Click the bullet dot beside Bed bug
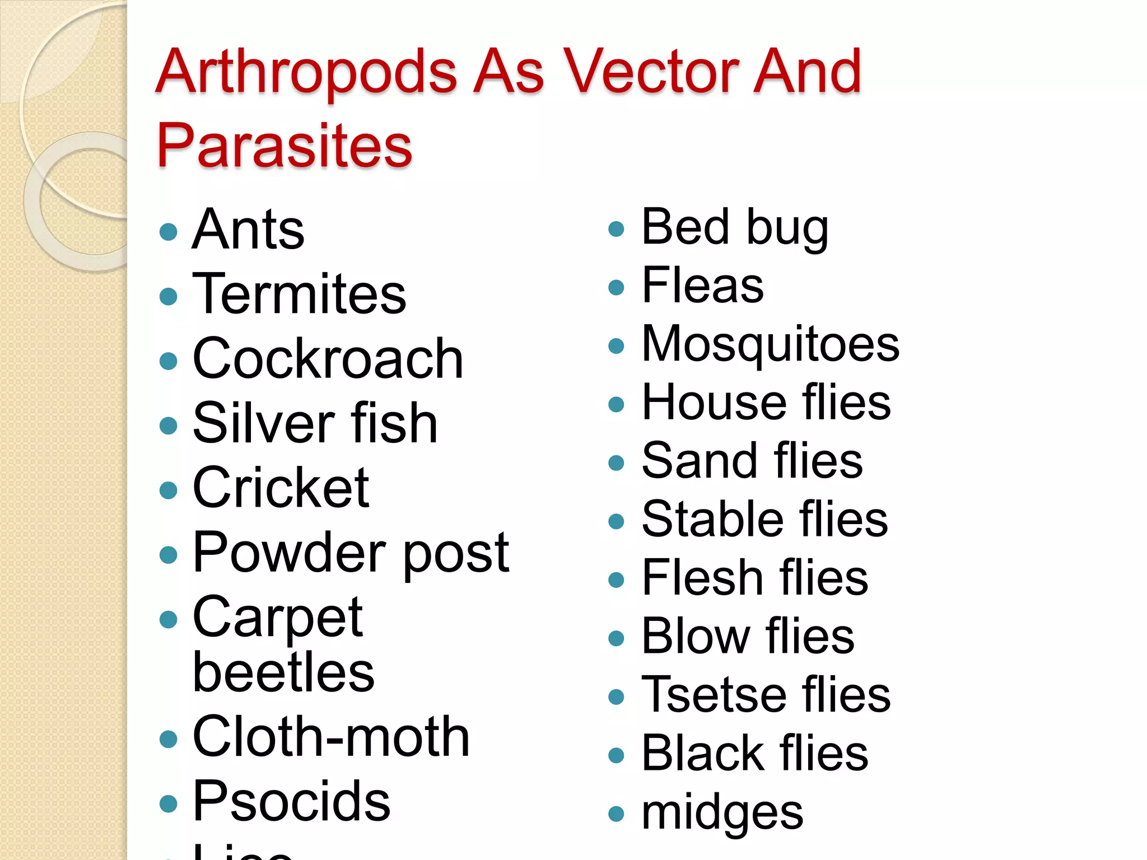pos(616,228)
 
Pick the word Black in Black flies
pos(702,753)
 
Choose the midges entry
pos(722,813)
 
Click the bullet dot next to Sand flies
pos(616,462)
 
